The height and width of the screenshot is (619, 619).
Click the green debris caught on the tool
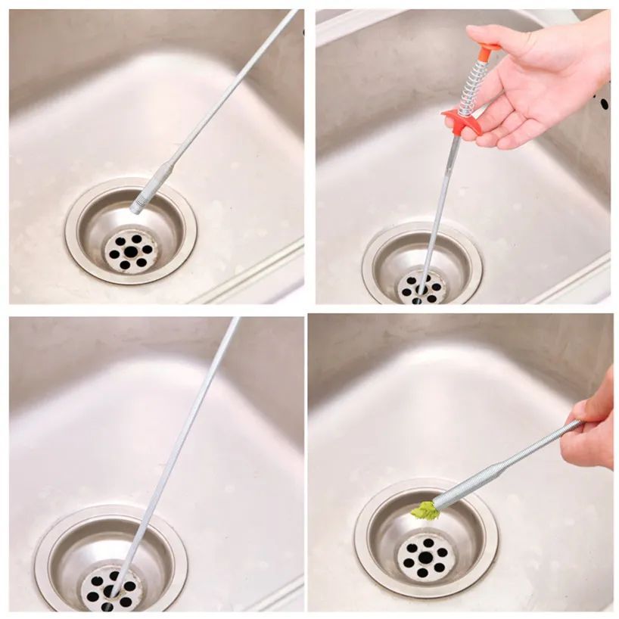click(426, 512)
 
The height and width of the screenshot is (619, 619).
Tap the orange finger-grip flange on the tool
click(461, 120)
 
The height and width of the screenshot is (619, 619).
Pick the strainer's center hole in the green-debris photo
click(425, 558)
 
